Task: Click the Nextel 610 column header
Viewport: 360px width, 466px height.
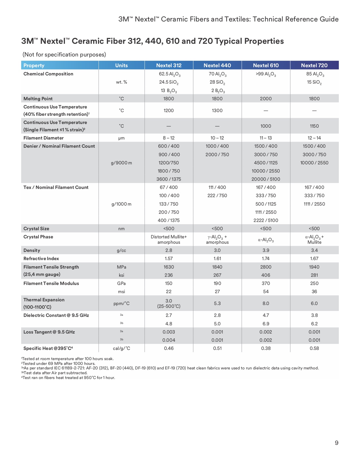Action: point(266,66)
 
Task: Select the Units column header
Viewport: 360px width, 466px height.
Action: point(121,66)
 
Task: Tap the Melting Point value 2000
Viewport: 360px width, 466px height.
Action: point(266,99)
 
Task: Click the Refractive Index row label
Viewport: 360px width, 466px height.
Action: point(41,258)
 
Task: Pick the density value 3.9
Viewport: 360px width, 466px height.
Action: point(266,250)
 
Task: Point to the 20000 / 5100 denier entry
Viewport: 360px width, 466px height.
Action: point(266,179)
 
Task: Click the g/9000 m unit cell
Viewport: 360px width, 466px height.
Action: point(121,163)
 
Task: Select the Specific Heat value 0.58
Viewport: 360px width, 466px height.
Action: point(314,348)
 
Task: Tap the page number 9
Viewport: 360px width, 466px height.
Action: point(336,443)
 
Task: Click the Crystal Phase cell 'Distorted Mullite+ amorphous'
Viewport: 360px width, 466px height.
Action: point(169,239)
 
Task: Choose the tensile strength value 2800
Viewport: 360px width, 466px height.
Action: point(266,267)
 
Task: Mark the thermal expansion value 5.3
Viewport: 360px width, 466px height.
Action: point(217,303)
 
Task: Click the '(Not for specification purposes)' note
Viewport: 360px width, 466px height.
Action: point(64,55)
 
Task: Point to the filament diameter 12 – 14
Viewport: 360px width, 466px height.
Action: point(314,138)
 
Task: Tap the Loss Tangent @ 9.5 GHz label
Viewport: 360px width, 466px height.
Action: point(49,332)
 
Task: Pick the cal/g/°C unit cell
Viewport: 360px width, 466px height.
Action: point(121,348)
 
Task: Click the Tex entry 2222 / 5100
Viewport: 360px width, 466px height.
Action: point(266,220)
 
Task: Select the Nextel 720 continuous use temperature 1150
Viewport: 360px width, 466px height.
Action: point(314,126)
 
